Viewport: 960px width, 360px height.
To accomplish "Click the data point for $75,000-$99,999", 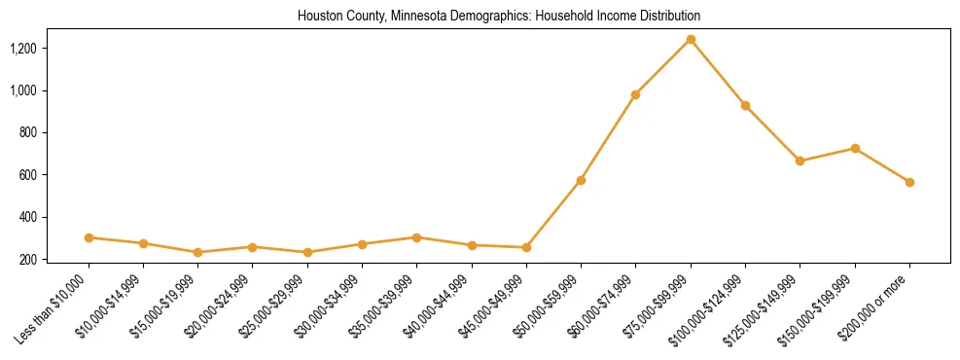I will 691,39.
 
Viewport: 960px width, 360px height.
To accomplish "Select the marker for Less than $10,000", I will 89,237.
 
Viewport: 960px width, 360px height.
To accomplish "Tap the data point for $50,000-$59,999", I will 581,180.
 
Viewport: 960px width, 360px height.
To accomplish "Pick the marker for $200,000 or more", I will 909,182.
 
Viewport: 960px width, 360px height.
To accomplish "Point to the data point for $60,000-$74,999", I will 635,94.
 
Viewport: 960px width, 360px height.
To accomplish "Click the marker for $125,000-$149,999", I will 800,161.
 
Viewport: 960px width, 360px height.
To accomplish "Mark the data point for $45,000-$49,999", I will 526,247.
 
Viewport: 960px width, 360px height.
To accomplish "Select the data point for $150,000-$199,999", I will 855,148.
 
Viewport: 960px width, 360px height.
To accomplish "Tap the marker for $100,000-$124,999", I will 745,105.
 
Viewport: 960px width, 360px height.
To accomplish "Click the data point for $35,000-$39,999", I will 416,237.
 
